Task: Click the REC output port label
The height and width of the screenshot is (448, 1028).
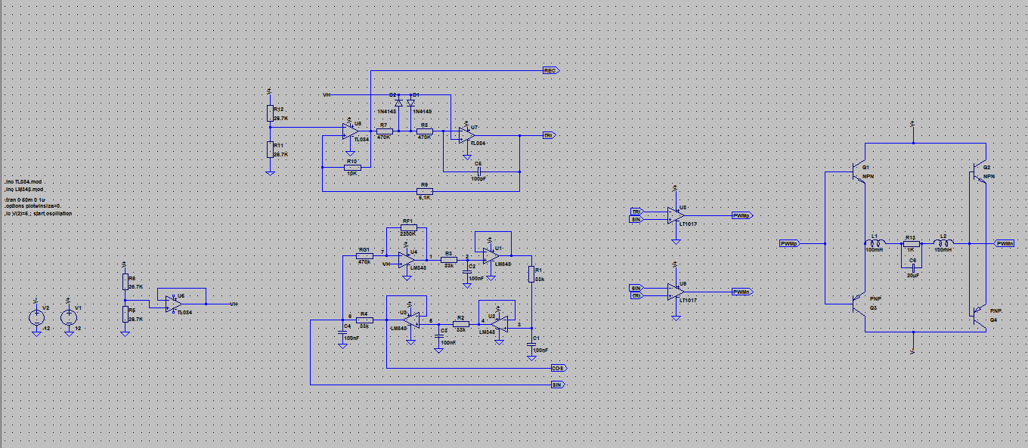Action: (551, 70)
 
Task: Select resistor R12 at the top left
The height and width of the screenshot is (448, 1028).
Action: (270, 113)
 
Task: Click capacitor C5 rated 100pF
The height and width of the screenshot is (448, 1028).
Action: (478, 171)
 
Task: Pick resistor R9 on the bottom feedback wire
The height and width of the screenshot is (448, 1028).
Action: (425, 190)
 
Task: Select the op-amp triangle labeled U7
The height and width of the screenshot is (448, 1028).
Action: (467, 135)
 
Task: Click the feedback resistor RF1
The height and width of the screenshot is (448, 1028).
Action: (407, 227)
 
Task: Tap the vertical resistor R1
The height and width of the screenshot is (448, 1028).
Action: (531, 274)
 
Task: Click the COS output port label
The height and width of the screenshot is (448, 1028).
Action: (559, 368)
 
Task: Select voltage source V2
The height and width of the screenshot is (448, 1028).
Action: (36, 318)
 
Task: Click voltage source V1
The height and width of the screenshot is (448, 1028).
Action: (68, 318)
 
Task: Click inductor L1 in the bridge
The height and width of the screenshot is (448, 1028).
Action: (875, 243)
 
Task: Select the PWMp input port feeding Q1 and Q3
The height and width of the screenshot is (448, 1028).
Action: (789, 243)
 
